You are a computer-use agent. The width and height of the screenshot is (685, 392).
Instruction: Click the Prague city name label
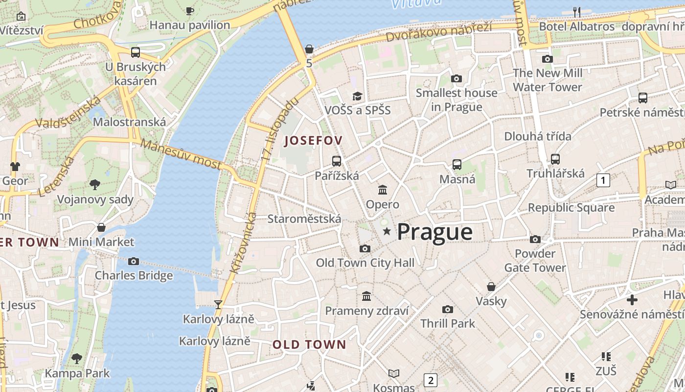tap(434, 232)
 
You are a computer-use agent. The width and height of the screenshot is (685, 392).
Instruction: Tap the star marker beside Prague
tap(387, 231)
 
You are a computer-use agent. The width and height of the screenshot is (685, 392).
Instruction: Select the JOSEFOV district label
tap(313, 141)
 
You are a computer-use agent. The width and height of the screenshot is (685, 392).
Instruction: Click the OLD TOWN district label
tap(309, 344)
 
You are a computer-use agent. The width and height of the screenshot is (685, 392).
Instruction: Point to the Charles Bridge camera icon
tap(134, 261)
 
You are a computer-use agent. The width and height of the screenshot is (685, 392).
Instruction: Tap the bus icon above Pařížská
tap(337, 161)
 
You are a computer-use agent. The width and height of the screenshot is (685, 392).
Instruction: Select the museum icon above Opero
tap(383, 190)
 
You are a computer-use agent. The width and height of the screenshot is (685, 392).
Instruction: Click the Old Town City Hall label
tap(365, 263)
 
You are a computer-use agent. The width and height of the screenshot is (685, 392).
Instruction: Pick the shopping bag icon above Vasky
tap(491, 287)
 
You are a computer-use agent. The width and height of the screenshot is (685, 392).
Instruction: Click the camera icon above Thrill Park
tap(447, 309)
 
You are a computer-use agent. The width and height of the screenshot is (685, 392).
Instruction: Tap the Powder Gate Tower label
tap(535, 261)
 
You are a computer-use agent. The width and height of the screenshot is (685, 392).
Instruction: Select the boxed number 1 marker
tap(603, 180)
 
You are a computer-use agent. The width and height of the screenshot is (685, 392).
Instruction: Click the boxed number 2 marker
tap(430, 380)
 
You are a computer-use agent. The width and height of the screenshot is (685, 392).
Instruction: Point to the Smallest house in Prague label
tap(456, 99)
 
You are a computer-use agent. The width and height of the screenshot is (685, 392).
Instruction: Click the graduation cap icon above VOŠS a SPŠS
tap(358, 96)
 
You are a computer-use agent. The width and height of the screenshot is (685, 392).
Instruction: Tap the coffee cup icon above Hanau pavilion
tap(190, 11)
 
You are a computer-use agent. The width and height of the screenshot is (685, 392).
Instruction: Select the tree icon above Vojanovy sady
tap(95, 185)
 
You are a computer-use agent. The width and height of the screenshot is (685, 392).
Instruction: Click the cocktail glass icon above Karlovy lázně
tap(218, 305)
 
